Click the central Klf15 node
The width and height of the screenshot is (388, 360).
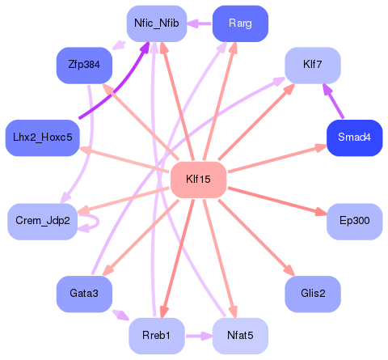(x=198, y=179)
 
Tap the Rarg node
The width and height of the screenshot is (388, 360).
(x=239, y=23)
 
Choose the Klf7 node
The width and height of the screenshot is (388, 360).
(x=312, y=64)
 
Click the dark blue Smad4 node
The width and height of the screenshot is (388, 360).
(x=354, y=138)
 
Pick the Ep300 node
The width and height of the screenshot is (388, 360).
(x=354, y=221)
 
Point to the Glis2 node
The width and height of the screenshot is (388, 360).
(x=313, y=294)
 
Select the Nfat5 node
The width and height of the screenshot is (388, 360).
(x=240, y=335)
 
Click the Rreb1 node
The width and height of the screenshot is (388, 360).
(x=157, y=335)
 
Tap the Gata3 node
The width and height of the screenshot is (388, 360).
(x=84, y=294)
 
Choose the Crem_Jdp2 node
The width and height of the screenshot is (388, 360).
(x=43, y=221)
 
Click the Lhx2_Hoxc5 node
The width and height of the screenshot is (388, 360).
(x=40, y=138)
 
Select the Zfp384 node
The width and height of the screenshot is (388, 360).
(x=84, y=64)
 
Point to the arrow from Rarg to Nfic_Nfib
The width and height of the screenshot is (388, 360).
(x=199, y=23)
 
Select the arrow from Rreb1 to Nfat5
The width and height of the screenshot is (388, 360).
(x=198, y=335)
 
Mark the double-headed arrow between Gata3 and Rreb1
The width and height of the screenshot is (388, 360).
(x=120, y=315)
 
